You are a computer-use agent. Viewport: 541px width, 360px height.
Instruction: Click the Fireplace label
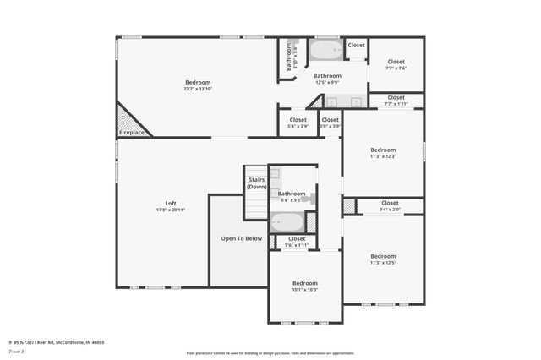click(x=131, y=133)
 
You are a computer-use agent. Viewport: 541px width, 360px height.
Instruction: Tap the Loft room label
click(x=170, y=204)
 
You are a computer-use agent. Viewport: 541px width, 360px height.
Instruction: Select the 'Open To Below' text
click(x=242, y=238)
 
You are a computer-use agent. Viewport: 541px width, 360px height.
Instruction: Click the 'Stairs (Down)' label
click(x=256, y=183)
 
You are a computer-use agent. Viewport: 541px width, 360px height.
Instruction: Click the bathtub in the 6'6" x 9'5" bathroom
click(x=287, y=222)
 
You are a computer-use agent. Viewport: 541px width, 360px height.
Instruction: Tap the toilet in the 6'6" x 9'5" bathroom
click(x=310, y=199)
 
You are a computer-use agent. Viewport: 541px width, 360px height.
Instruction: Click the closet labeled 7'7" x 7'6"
click(x=396, y=64)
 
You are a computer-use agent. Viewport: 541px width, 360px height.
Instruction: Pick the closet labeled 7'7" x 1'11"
click(x=396, y=100)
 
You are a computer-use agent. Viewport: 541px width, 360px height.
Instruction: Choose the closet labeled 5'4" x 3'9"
click(x=298, y=123)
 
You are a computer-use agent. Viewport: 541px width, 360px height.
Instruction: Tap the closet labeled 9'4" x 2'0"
click(x=390, y=205)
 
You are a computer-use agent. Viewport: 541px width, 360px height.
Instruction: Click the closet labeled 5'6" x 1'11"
click(x=297, y=241)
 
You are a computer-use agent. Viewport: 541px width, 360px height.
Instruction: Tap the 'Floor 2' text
click(x=16, y=350)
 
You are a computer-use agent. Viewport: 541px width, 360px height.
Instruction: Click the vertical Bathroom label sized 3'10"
click(x=288, y=57)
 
